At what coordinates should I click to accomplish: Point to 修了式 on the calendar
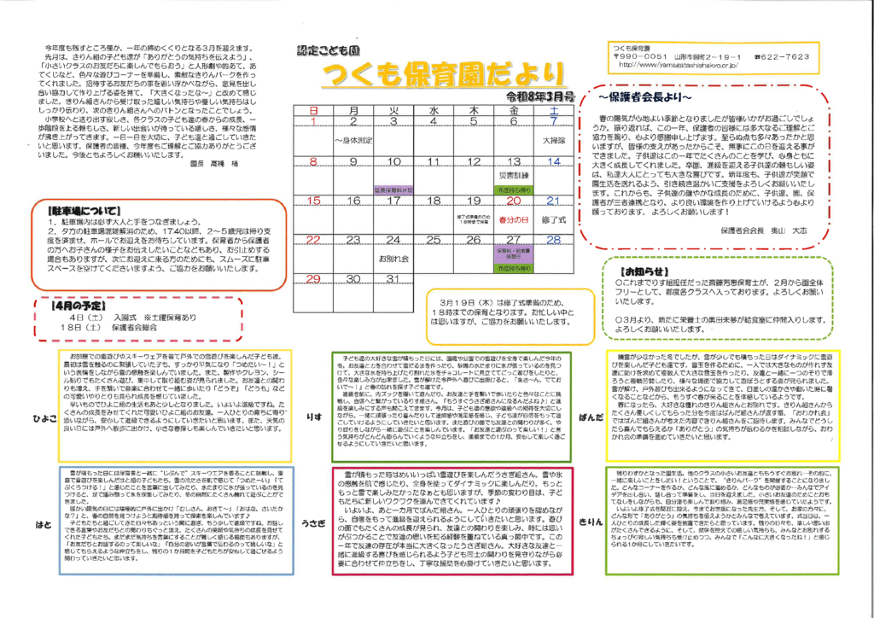pos(554,219)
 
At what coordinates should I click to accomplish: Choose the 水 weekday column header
pos(434,111)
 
